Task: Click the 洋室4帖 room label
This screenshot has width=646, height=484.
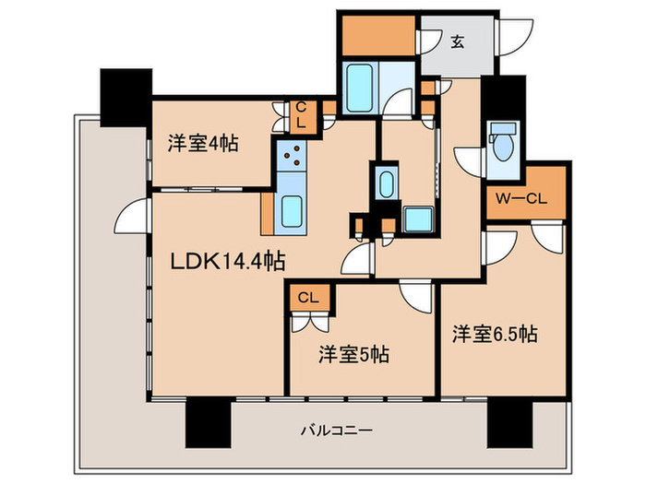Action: (x=203, y=144)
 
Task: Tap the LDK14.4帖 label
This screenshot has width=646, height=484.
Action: (x=226, y=263)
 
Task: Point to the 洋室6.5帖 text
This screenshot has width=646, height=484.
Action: (x=494, y=335)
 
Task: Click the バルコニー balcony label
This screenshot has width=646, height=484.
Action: (x=337, y=431)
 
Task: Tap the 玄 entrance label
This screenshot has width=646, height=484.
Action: (x=457, y=41)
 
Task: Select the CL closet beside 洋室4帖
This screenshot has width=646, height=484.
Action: (x=301, y=115)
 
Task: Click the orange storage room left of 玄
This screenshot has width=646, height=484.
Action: (x=377, y=36)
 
